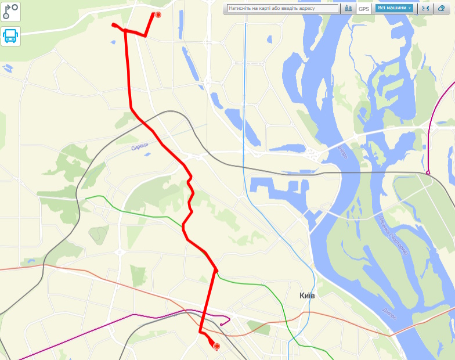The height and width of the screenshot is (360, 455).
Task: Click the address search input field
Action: (283, 9)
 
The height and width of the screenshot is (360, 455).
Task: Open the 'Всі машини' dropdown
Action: (395, 9)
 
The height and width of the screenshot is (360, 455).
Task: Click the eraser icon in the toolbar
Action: (442, 9)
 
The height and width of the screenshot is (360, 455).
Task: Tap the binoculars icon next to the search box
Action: (348, 9)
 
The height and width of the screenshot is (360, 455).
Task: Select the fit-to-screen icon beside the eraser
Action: (425, 9)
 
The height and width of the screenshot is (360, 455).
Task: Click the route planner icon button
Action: (10, 11)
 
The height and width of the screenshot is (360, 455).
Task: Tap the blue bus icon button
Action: (10, 36)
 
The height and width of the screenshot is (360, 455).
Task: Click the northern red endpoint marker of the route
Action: (158, 15)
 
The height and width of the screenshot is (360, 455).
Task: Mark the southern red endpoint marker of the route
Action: (217, 347)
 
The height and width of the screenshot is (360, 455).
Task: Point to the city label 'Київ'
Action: (307, 296)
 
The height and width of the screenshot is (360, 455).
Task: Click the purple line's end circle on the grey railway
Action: (428, 172)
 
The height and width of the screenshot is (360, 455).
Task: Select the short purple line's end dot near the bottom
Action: (222, 324)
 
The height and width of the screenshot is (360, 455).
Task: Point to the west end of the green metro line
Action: (86, 199)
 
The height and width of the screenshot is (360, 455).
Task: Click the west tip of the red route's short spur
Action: (113, 24)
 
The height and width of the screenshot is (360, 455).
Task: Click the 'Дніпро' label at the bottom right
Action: (389, 313)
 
